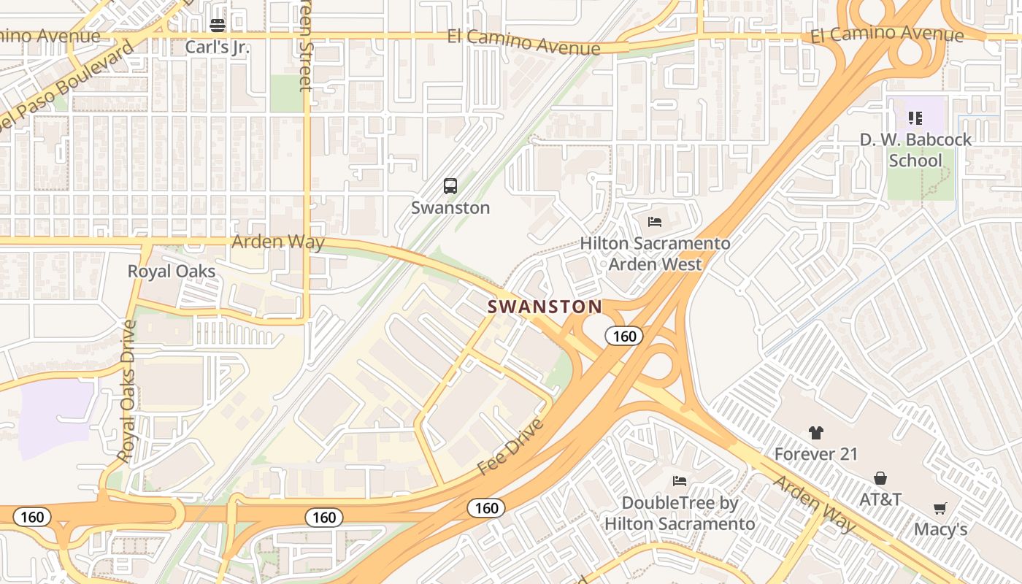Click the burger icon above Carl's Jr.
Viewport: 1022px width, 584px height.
[218, 26]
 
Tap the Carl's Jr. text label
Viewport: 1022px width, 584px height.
[218, 48]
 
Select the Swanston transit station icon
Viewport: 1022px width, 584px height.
[450, 186]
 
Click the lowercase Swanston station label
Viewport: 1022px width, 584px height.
[450, 208]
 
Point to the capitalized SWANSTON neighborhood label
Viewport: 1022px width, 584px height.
[545, 307]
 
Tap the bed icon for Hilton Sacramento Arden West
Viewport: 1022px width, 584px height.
[655, 221]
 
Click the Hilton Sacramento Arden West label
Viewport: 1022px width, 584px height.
[655, 254]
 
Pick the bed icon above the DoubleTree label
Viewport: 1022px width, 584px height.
[680, 480]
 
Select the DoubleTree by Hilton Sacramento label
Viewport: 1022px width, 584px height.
[680, 513]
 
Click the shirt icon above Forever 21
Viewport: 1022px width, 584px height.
[816, 433]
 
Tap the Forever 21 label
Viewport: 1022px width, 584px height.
[816, 454]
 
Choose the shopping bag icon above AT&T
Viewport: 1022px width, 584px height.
[880, 478]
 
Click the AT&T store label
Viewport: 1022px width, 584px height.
[880, 500]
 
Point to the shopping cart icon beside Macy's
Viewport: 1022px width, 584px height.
[940, 508]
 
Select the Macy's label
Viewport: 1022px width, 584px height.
[940, 529]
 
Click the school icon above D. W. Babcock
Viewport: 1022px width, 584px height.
[915, 118]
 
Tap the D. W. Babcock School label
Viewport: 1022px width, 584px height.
[915, 150]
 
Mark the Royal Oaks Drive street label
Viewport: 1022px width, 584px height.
[127, 391]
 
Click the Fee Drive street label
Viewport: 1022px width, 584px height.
[511, 446]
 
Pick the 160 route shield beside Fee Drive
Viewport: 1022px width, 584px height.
[486, 508]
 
